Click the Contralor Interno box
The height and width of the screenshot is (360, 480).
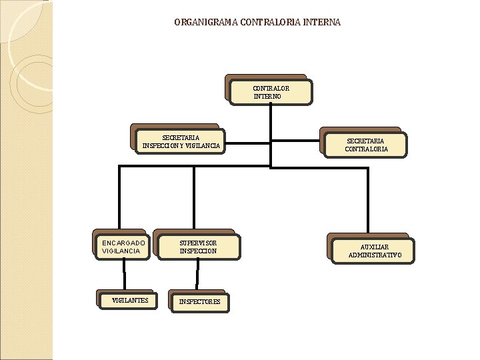click(270, 92)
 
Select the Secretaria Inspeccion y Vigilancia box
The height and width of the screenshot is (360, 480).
click(181, 141)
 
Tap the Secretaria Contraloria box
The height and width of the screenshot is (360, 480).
click(365, 145)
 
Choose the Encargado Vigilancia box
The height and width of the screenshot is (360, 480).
click(123, 247)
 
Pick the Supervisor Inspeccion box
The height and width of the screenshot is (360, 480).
click(197, 247)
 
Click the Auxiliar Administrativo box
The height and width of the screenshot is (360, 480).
click(373, 251)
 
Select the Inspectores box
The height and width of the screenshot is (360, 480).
click(199, 302)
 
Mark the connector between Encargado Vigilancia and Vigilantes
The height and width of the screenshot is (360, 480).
click(124, 275)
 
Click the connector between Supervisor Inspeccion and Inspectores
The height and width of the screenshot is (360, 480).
click(197, 275)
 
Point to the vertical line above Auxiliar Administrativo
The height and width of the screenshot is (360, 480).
click(367, 200)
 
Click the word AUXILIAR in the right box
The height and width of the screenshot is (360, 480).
click(375, 247)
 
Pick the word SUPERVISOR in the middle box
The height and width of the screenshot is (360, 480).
click(198, 243)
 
